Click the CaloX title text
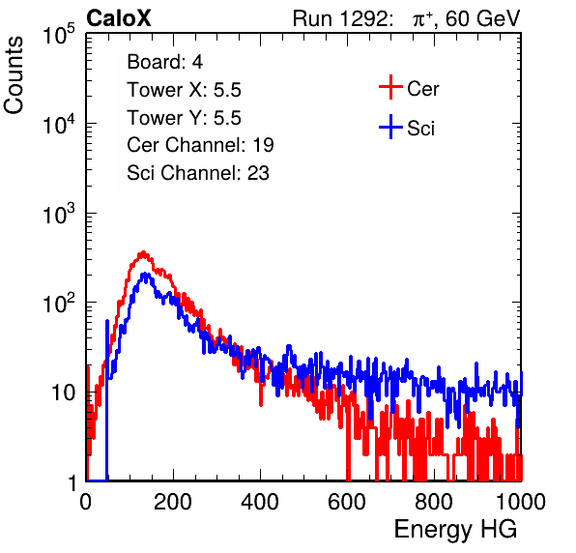click(118, 18)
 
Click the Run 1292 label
click(340, 18)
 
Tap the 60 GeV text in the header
click(483, 18)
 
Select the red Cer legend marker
click(390, 87)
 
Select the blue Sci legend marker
click(390, 127)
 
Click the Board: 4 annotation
click(164, 62)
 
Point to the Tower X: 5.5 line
click(184, 90)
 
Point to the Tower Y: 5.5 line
click(184, 118)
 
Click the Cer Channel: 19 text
click(200, 145)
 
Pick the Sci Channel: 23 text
click(198, 173)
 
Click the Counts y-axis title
click(14, 75)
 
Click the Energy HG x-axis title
click(455, 530)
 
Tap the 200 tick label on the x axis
click(173, 502)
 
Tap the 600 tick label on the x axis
click(347, 502)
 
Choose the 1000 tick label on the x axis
click(521, 502)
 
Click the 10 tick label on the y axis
click(64, 393)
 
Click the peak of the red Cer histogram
click(143, 252)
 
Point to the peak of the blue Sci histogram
click(146, 274)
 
